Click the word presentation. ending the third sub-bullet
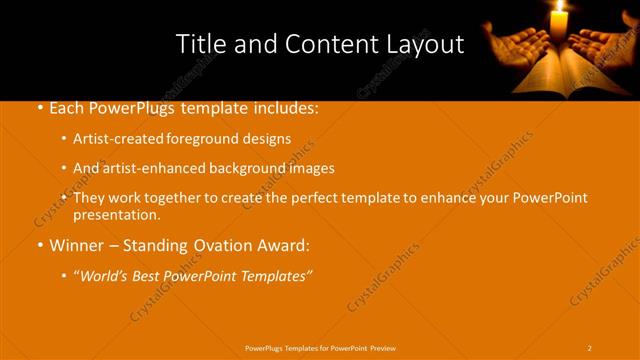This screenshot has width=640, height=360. point(117,214)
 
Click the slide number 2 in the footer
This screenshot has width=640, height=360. point(590,347)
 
